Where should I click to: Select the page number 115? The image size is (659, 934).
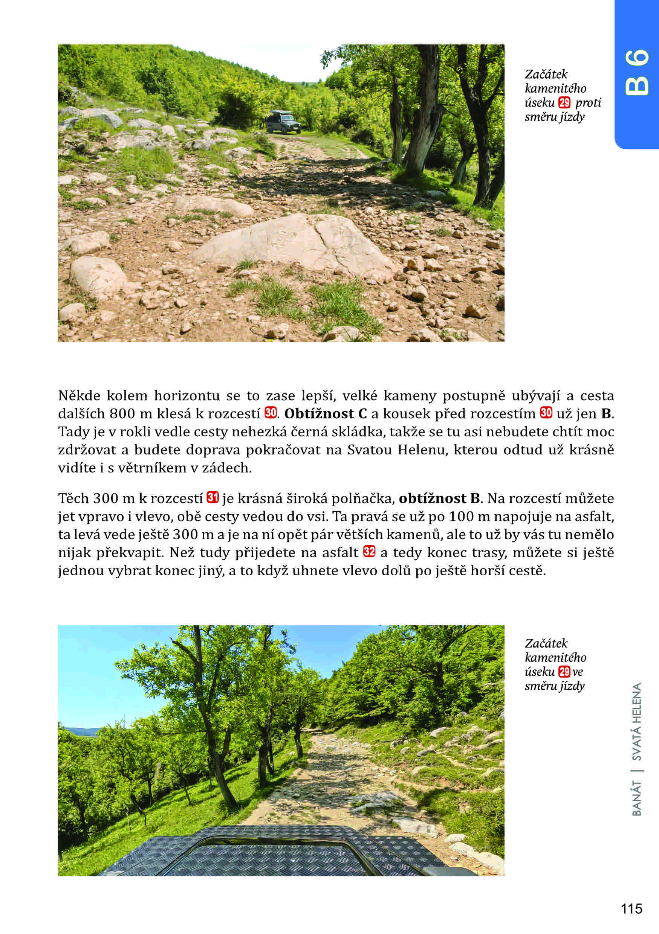click(x=631, y=908)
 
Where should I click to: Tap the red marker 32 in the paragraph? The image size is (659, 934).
click(x=369, y=552)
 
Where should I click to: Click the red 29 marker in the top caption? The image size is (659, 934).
click(x=565, y=102)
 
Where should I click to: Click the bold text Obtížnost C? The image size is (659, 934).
click(x=325, y=414)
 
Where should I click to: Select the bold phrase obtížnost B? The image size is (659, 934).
click(x=440, y=498)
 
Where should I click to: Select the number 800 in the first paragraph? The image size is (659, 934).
click(x=121, y=414)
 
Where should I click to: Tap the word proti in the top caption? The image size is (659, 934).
click(x=588, y=102)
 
